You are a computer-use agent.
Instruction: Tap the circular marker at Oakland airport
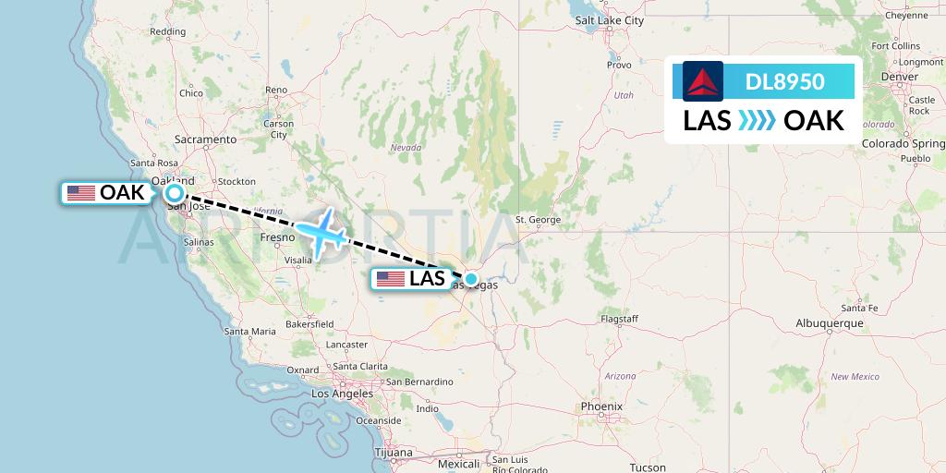pos(175,193)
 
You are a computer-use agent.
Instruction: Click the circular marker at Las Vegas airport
pos(471,278)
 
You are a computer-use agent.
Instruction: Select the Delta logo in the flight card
pos(703,81)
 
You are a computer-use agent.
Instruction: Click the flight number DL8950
pos(784,82)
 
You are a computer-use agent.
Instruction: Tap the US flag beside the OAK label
pos(81,193)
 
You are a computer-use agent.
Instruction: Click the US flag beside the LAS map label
pos(391,278)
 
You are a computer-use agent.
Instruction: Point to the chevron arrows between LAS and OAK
pos(758,121)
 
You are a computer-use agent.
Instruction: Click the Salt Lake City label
pos(609,45)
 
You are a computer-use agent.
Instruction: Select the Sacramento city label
pos(206,139)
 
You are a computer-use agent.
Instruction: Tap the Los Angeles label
pos(343,394)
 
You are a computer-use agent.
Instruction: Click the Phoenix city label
pos(601,406)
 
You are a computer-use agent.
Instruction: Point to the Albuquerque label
pos(829,323)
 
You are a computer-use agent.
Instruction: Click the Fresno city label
pos(277,237)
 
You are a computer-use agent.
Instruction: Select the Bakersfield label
pos(309,324)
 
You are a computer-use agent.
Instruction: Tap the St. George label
pos(538,220)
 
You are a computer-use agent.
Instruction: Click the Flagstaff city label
pos(619,319)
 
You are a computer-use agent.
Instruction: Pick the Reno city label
pos(276,91)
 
